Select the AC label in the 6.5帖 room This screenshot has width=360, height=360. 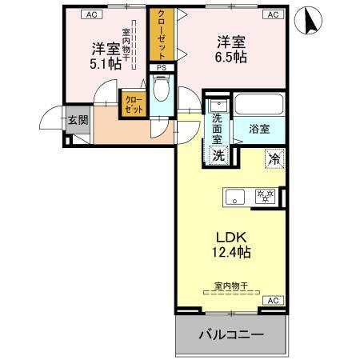pos(272,15)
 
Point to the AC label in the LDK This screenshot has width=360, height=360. pos(272,300)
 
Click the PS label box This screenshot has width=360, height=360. pos(162,69)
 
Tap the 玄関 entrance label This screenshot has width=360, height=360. pos(78,121)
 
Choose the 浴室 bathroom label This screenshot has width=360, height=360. pos(258,128)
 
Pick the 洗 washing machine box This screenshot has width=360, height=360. pos(218,155)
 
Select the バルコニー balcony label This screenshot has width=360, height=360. pos(231,334)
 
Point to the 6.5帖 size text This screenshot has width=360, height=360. pos(231,57)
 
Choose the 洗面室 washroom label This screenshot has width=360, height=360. pos(217,127)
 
